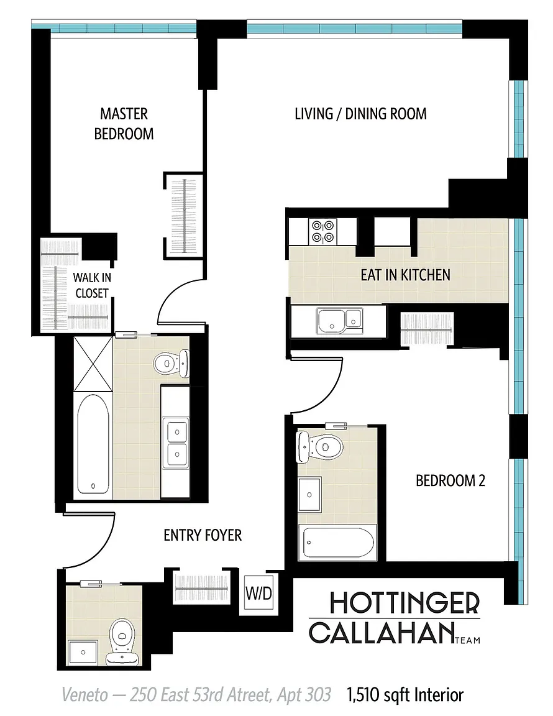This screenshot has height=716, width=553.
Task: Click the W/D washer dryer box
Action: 258,593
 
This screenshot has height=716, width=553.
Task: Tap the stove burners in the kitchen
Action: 323,231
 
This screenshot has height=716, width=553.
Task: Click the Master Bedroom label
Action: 124,123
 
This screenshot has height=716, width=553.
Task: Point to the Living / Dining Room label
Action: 361,114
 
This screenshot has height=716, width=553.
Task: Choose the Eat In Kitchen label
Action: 406,275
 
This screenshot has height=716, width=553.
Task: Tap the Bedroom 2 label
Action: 450,480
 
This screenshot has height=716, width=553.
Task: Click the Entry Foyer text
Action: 203,535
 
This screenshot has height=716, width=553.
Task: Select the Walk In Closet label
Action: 92,285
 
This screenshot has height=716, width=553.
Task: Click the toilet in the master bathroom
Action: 172,364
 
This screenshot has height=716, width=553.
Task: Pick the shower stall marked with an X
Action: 93,364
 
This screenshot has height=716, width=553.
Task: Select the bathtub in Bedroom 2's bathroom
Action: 337,542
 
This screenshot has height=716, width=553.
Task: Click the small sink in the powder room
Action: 83,652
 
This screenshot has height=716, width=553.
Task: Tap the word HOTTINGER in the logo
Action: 404,603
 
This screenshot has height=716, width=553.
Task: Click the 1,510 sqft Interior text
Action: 405,695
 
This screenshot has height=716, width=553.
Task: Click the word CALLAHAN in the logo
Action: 382,633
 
